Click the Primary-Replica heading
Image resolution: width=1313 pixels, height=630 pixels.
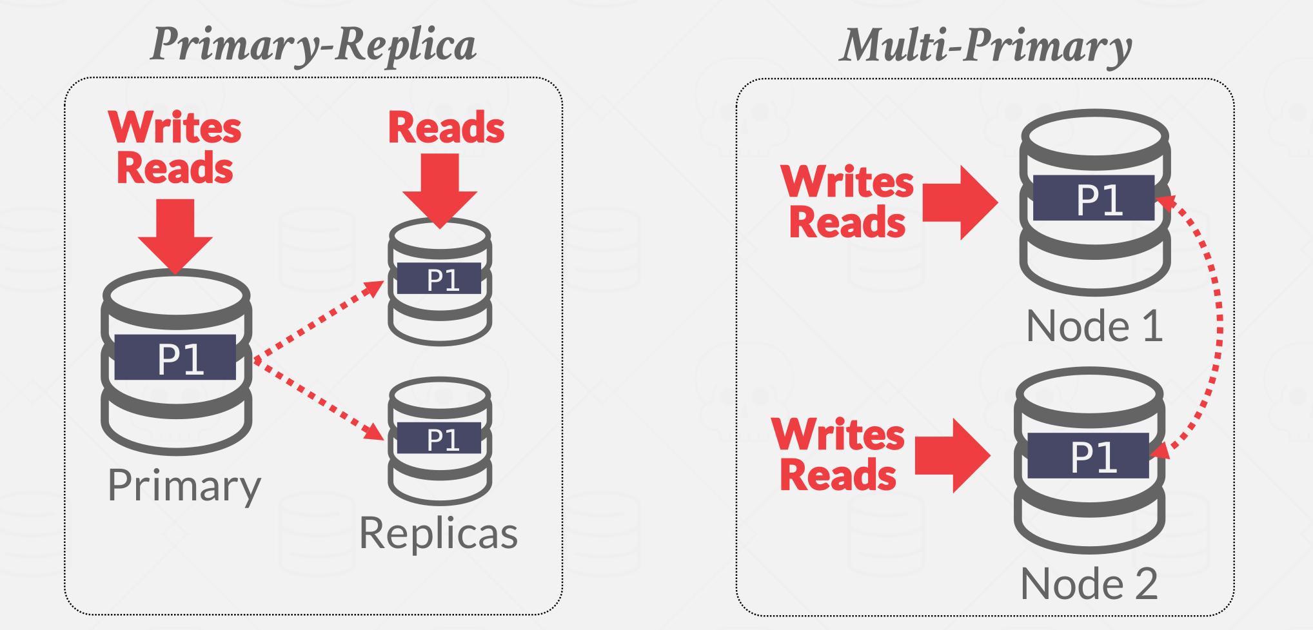[x=313, y=45]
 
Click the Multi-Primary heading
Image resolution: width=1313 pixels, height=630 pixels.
[x=987, y=46]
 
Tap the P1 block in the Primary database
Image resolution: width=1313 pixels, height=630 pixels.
[x=175, y=358]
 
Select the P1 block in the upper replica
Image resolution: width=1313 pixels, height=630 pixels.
[x=439, y=279]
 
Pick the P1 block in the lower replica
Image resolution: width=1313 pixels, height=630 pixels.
[x=439, y=438]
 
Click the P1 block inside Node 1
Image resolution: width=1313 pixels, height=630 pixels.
[x=1094, y=199]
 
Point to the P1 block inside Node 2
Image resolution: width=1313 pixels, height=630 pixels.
[x=1089, y=456]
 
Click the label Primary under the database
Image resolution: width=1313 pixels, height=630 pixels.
[x=184, y=485]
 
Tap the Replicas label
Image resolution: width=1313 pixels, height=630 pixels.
[x=439, y=533]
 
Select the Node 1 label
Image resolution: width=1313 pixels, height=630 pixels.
[x=1094, y=326]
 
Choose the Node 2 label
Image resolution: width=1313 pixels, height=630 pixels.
[x=1089, y=584]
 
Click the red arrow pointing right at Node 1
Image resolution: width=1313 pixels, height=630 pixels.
[x=960, y=202]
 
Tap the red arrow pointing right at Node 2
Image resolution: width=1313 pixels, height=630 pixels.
[x=952, y=455]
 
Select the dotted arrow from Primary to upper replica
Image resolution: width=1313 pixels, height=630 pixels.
[x=319, y=320]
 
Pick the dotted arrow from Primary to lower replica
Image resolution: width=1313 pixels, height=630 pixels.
[x=319, y=400]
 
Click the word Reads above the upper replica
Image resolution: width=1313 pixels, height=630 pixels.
[x=446, y=128]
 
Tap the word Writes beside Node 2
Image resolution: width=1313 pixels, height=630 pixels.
[x=838, y=435]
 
